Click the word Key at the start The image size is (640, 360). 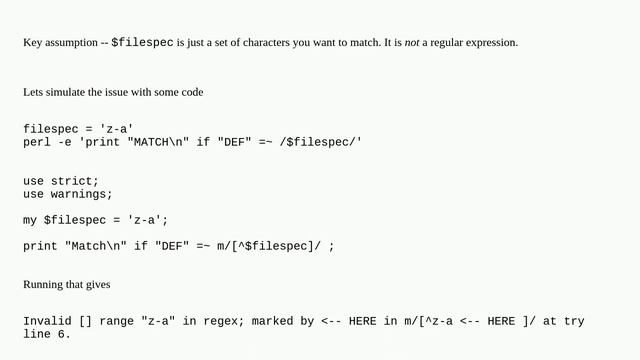32,43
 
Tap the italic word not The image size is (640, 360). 411,43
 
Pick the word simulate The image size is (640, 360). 66,92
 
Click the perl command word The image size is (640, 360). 37,142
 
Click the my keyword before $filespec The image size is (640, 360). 30,219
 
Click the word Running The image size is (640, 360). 42,285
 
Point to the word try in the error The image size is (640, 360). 574,321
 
